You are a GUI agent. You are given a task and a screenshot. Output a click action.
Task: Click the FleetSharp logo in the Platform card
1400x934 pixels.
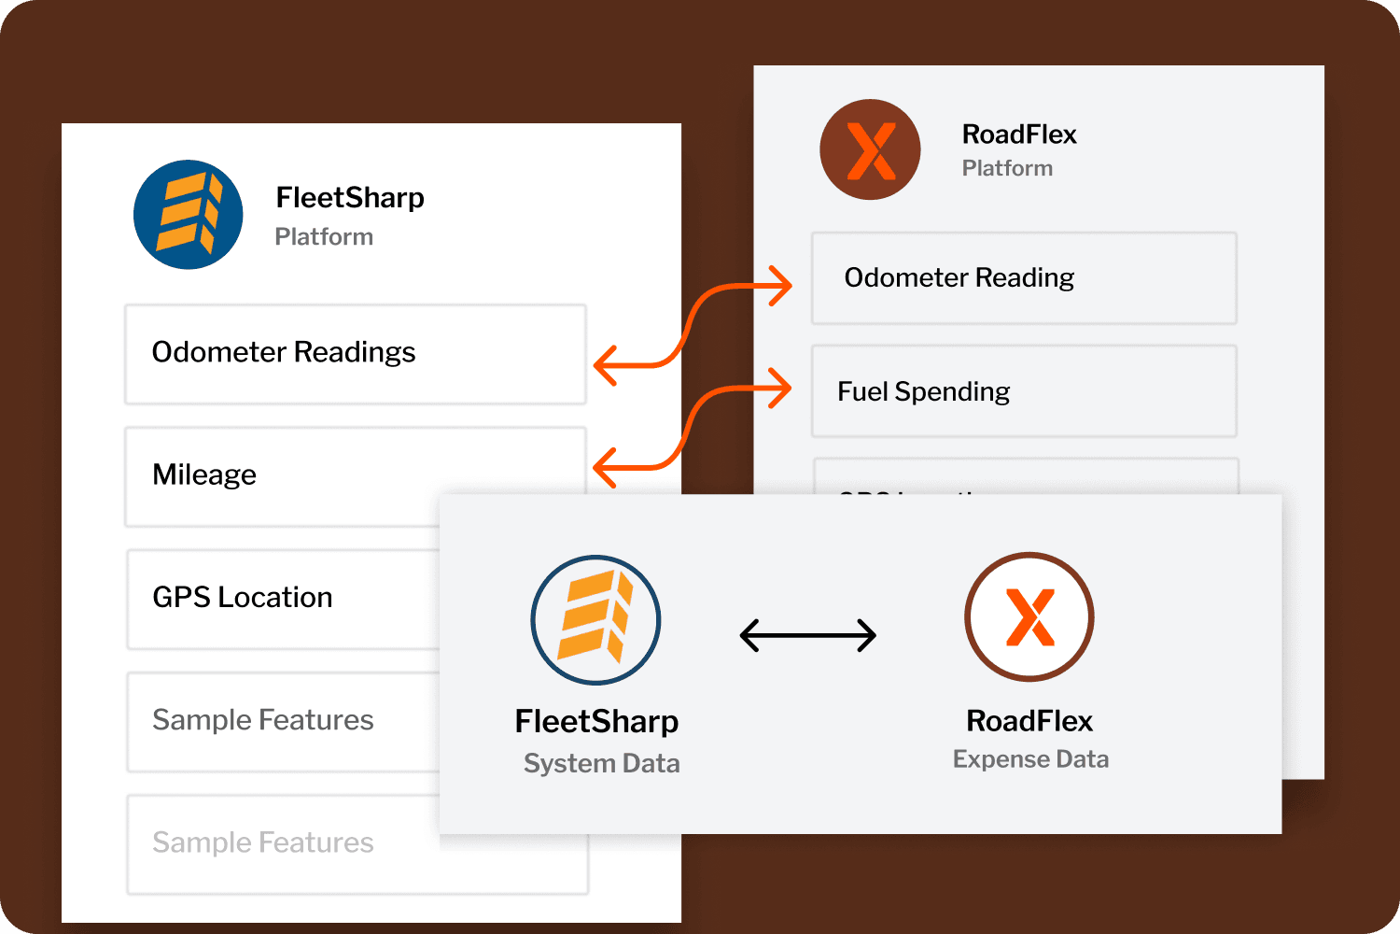click(189, 215)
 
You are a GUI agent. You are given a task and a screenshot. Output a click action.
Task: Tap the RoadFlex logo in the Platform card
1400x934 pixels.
click(870, 149)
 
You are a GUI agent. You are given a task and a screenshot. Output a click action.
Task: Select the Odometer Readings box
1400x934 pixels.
click(355, 354)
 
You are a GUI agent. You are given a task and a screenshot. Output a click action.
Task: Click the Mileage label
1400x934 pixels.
click(204, 474)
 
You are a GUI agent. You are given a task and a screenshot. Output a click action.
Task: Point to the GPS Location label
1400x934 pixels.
click(243, 597)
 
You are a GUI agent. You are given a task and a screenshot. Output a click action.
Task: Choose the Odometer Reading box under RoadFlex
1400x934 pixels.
click(1024, 278)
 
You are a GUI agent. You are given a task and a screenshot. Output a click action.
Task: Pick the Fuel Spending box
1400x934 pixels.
click(1024, 391)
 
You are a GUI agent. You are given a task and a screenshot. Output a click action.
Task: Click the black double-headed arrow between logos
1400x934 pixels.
click(808, 636)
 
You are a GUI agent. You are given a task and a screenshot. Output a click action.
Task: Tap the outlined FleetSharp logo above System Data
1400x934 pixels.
click(595, 620)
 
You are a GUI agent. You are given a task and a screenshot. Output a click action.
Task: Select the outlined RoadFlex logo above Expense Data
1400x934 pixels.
click(1029, 616)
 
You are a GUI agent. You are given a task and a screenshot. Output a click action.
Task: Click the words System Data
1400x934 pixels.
click(602, 763)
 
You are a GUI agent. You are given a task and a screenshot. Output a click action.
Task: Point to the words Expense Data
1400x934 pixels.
click(1030, 759)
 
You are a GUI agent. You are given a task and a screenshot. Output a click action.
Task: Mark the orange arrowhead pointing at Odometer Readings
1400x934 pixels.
click(606, 365)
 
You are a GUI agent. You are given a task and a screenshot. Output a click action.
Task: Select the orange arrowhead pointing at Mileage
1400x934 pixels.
click(606, 467)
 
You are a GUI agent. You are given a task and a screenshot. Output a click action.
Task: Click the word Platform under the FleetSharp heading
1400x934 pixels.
click(324, 237)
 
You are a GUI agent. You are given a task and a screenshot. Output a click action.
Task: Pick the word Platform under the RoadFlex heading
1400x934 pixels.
click(1007, 168)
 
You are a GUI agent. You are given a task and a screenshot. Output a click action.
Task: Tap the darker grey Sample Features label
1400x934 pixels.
click(263, 720)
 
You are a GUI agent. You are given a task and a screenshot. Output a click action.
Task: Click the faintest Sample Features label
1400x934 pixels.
click(263, 842)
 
